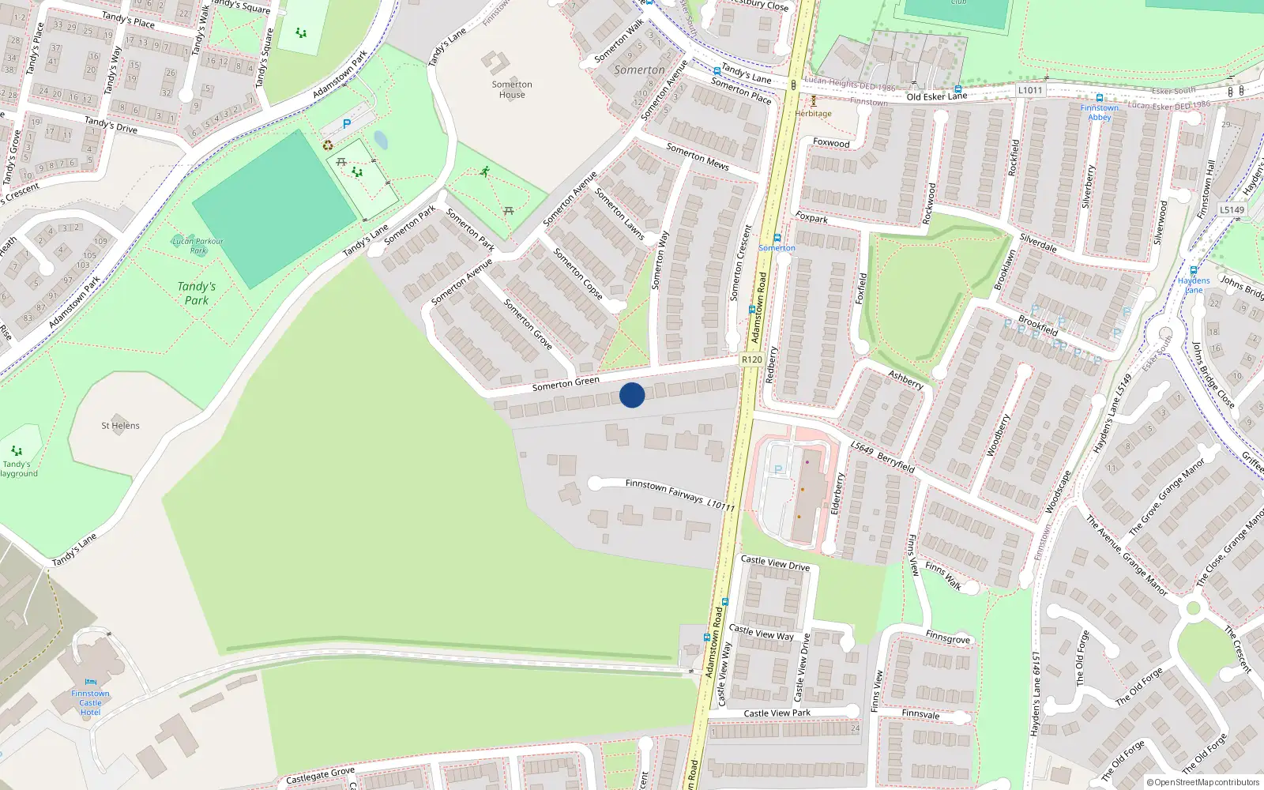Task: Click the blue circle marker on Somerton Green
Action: [x=632, y=395]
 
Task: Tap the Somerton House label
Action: [x=512, y=89]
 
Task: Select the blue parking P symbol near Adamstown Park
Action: [x=346, y=124]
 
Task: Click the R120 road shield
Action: [x=751, y=359]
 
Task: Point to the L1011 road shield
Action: [x=1030, y=90]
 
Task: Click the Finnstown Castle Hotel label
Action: [x=90, y=702]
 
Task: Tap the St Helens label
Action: [x=120, y=426]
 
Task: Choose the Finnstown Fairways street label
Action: [x=664, y=490]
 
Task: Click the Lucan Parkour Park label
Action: [x=197, y=246]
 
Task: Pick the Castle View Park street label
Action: [x=777, y=713]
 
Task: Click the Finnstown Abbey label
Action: [x=1099, y=112]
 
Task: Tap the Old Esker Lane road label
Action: [x=936, y=96]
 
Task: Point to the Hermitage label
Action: [x=813, y=114]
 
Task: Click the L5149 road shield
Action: [x=1232, y=209]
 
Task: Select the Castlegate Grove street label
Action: [x=320, y=775]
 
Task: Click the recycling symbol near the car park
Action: [x=328, y=145]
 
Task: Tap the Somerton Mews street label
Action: [x=697, y=156]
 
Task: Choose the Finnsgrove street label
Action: [x=947, y=638]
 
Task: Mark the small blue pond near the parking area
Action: [x=381, y=141]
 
